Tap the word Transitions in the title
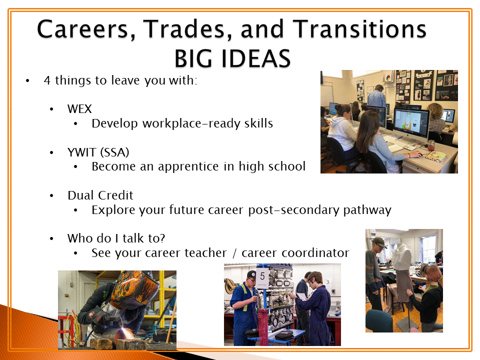click(359, 29)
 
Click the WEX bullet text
click(79, 109)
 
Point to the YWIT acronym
click(81, 152)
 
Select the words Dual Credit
click(100, 195)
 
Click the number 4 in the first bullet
click(47, 80)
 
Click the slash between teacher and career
click(234, 253)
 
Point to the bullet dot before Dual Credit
click(51, 196)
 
